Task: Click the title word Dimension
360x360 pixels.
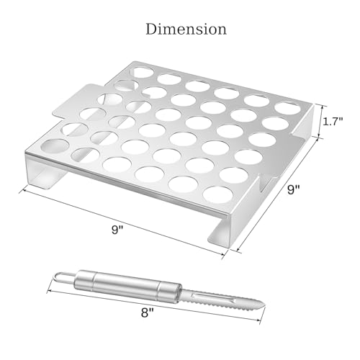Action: click(186, 30)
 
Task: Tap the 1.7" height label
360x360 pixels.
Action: click(333, 122)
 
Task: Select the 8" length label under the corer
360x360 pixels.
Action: click(147, 312)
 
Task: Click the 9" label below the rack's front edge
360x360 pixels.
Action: click(117, 230)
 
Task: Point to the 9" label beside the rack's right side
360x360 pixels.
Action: click(294, 190)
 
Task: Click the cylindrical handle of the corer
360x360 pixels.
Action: click(127, 285)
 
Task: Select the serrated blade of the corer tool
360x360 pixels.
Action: click(221, 300)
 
